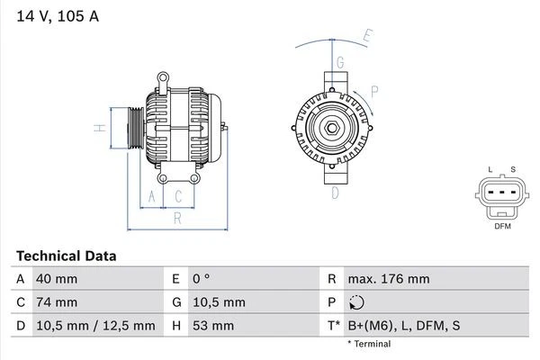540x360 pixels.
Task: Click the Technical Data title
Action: coord(66,256)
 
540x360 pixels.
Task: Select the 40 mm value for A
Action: coord(56,279)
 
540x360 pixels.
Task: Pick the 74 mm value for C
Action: coord(56,302)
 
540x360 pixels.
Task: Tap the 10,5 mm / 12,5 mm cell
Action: coord(94,326)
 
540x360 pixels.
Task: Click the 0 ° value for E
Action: coord(201,279)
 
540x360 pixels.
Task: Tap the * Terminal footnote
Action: coord(369,344)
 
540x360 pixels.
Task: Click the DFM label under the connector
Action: coord(502,227)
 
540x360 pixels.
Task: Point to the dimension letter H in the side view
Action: coord(102,128)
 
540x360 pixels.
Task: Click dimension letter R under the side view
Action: coord(177,217)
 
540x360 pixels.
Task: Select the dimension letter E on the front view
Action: coord(367,37)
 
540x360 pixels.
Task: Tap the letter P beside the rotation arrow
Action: coord(373,91)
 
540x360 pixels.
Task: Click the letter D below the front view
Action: coord(335,192)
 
